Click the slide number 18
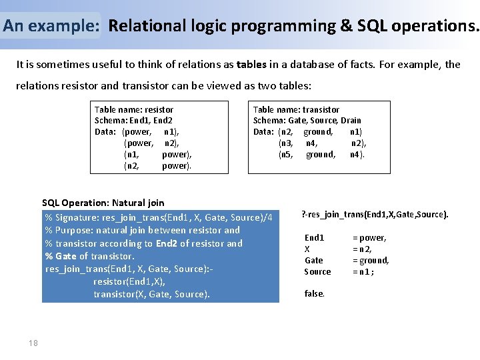pos(33,343)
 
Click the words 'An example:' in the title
pos(51,26)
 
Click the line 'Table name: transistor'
pos(296,109)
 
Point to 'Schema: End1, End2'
pos(133,121)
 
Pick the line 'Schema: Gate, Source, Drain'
pos(307,121)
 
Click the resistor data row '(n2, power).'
pos(157,166)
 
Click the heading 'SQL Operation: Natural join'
pos(103,203)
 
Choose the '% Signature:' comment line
pos(158,218)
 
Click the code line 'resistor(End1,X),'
pos(129,281)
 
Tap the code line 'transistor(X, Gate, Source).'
pos(151,294)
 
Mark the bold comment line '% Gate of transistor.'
pos(89,256)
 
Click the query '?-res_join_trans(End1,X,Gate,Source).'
pos(375,214)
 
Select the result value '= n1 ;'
pos(363,271)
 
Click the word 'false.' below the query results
pos(315,293)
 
